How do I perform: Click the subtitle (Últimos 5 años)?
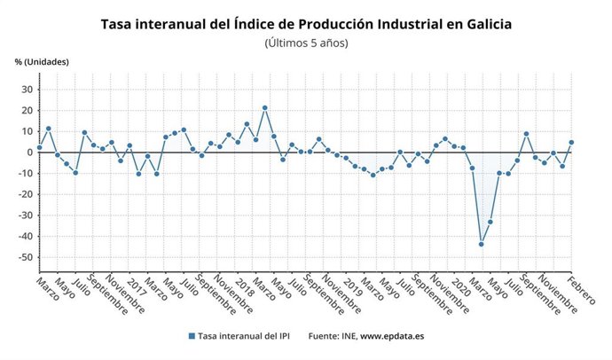click(x=306, y=42)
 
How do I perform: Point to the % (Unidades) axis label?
click(x=42, y=61)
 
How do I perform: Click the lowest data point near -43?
click(x=482, y=244)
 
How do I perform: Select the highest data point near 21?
click(x=264, y=108)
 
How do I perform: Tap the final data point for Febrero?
click(x=571, y=142)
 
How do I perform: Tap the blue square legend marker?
click(x=192, y=336)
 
